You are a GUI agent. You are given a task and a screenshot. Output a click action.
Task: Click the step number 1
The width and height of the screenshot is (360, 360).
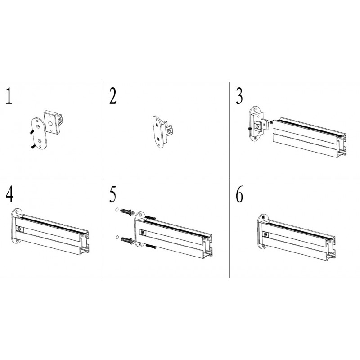pyautogui.click(x=9, y=96)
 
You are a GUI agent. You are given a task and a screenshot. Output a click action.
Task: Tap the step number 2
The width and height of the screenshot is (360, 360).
pyautogui.click(x=113, y=96)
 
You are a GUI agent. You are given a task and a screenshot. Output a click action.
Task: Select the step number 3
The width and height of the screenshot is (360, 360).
pyautogui.click(x=239, y=96)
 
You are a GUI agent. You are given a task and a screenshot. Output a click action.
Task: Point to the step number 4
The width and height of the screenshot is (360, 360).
pyautogui.click(x=9, y=194)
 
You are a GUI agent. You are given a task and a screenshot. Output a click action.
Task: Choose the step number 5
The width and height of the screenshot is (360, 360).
pyautogui.click(x=113, y=194)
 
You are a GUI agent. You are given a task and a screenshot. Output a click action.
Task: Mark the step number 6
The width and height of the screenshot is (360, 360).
pyautogui.click(x=239, y=194)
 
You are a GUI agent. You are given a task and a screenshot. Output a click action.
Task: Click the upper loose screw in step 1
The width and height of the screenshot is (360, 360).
pyautogui.click(x=31, y=132)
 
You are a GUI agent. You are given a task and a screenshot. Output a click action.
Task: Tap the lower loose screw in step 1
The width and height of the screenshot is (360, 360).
pyautogui.click(x=32, y=146)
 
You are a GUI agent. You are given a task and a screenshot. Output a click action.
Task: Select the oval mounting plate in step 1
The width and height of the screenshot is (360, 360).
pyautogui.click(x=39, y=133)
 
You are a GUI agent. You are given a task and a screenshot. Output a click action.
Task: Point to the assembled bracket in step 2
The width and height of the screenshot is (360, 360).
pyautogui.click(x=162, y=131)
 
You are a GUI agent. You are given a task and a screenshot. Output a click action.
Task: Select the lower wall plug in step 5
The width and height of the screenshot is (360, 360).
pyautogui.click(x=127, y=240)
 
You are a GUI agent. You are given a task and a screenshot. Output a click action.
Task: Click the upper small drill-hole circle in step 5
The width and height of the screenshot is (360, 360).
pyautogui.click(x=117, y=210)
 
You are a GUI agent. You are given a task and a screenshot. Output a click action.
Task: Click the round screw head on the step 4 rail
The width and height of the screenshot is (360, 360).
pyautogui.click(x=19, y=229)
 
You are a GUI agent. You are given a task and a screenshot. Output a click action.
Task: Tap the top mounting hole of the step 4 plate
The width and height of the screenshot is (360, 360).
pyautogui.click(x=17, y=212)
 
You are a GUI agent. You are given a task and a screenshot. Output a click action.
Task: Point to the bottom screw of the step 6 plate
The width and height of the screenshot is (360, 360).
pyautogui.click(x=264, y=246)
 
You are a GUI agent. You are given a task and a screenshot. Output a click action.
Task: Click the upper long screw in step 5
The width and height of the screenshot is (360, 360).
pyautogui.click(x=150, y=218)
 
